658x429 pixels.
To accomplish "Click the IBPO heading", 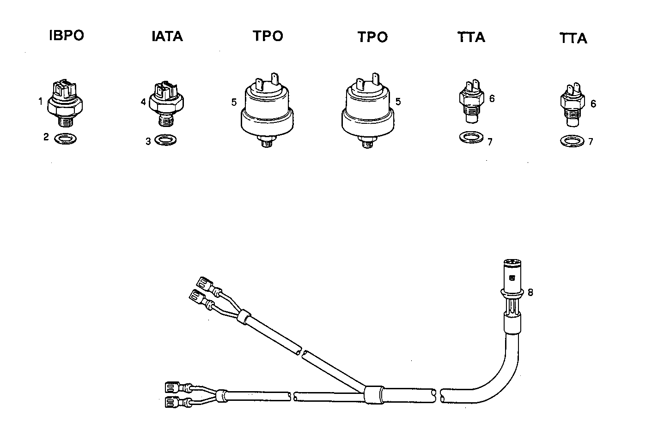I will pyautogui.click(x=67, y=36).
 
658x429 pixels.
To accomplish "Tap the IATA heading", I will pyautogui.click(x=167, y=36).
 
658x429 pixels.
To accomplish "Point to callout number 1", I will pyautogui.click(x=41, y=100).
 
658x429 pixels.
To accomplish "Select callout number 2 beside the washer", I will pyautogui.click(x=46, y=137).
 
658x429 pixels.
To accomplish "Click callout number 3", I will pyautogui.click(x=148, y=141).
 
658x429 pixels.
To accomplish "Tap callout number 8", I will pyautogui.click(x=530, y=292).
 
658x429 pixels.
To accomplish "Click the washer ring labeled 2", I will pyautogui.click(x=66, y=138).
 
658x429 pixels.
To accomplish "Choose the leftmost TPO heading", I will pyautogui.click(x=268, y=36).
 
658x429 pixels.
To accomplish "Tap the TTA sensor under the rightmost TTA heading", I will pyautogui.click(x=573, y=106).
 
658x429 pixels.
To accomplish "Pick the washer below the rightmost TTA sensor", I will pyautogui.click(x=572, y=140).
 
